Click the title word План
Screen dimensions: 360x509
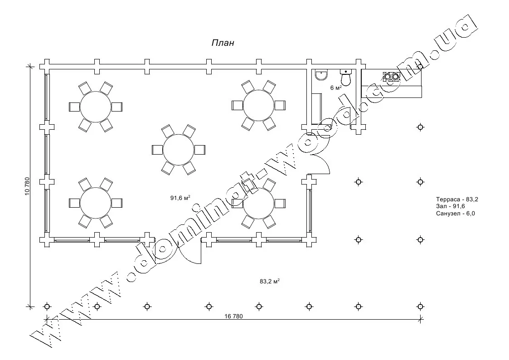coord(223,43)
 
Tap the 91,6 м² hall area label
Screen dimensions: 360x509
coord(180,198)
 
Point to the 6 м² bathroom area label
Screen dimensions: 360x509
coord(336,88)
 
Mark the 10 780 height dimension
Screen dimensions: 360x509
coord(28,186)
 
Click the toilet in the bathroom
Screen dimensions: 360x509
coord(346,78)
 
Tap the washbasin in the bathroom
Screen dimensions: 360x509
coord(321,75)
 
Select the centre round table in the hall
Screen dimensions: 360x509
coord(179,150)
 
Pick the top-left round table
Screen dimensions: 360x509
coord(96,107)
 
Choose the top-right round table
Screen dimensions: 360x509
coord(259,105)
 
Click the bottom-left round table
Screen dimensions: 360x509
coord(96,202)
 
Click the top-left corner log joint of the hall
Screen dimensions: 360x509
coord(45,65)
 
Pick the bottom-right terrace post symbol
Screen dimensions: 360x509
coord(421,306)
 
